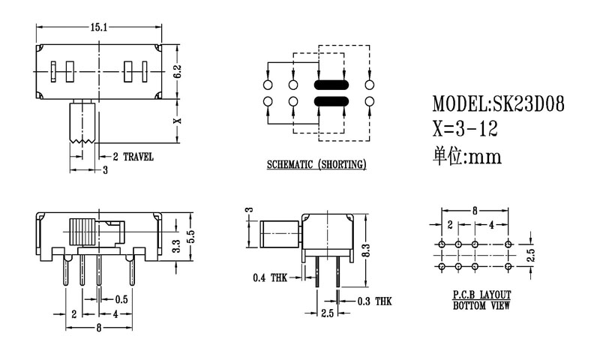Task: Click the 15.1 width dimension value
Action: pos(100,27)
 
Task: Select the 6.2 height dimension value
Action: pos(178,71)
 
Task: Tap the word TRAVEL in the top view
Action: pos(138,157)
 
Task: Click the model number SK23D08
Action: pos(524,104)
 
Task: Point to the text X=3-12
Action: pos(465,130)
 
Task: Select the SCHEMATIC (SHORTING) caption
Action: pos(316,164)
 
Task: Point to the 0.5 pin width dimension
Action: pos(120,299)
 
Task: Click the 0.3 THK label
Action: pos(373,301)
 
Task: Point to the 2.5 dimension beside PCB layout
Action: pos(531,254)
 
